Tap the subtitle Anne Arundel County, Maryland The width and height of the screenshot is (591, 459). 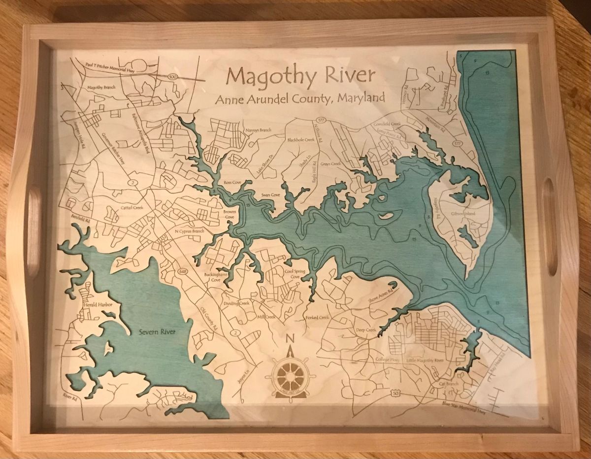tap(300, 98)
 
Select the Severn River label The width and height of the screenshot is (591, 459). tap(153, 332)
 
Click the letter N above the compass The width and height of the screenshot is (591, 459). tap(290, 339)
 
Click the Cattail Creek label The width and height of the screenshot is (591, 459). tap(131, 208)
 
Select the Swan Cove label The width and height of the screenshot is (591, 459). tap(270, 195)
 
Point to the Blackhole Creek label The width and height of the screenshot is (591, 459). tap(301, 140)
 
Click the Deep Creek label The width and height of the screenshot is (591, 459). tap(366, 330)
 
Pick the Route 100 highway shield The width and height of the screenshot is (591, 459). tap(171, 77)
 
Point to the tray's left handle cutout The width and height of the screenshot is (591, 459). tap(33, 229)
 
